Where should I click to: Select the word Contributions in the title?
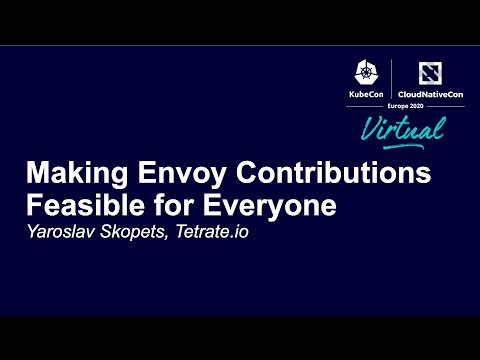tap(334, 173)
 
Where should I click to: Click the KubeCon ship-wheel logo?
tap(366, 70)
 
